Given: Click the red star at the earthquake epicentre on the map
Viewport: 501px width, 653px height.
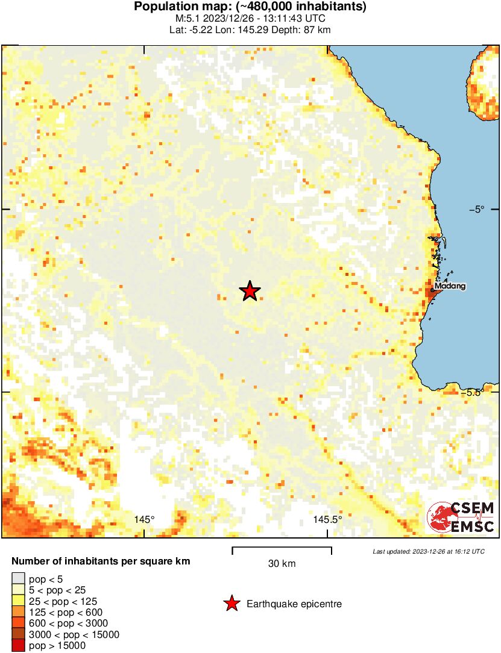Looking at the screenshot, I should (x=250, y=292).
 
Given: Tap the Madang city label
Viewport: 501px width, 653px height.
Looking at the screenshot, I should (x=450, y=286).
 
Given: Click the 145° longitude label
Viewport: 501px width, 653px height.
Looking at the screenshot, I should (x=145, y=519).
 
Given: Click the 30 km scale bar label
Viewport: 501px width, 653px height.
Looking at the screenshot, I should (x=282, y=564).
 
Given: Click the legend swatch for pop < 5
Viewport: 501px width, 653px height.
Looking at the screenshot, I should (x=19, y=579).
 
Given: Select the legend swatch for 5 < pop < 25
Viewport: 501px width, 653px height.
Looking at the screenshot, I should (x=19, y=590).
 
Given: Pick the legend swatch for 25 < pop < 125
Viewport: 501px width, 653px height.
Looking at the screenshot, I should (x=19, y=601).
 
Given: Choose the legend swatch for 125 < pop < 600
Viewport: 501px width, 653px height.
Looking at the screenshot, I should (x=19, y=612).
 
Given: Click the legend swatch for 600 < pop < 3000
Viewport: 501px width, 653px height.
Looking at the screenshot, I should (x=19, y=623).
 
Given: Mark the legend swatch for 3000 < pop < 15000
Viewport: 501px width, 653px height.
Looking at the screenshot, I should (x=19, y=634).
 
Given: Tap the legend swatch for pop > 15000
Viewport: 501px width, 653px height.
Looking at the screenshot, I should (x=19, y=645).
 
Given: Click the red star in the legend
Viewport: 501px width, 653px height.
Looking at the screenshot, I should (x=231, y=604).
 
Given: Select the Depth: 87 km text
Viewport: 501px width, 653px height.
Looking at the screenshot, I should (x=301, y=29).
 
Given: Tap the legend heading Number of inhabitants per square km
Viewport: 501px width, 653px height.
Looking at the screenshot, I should (x=101, y=561).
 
